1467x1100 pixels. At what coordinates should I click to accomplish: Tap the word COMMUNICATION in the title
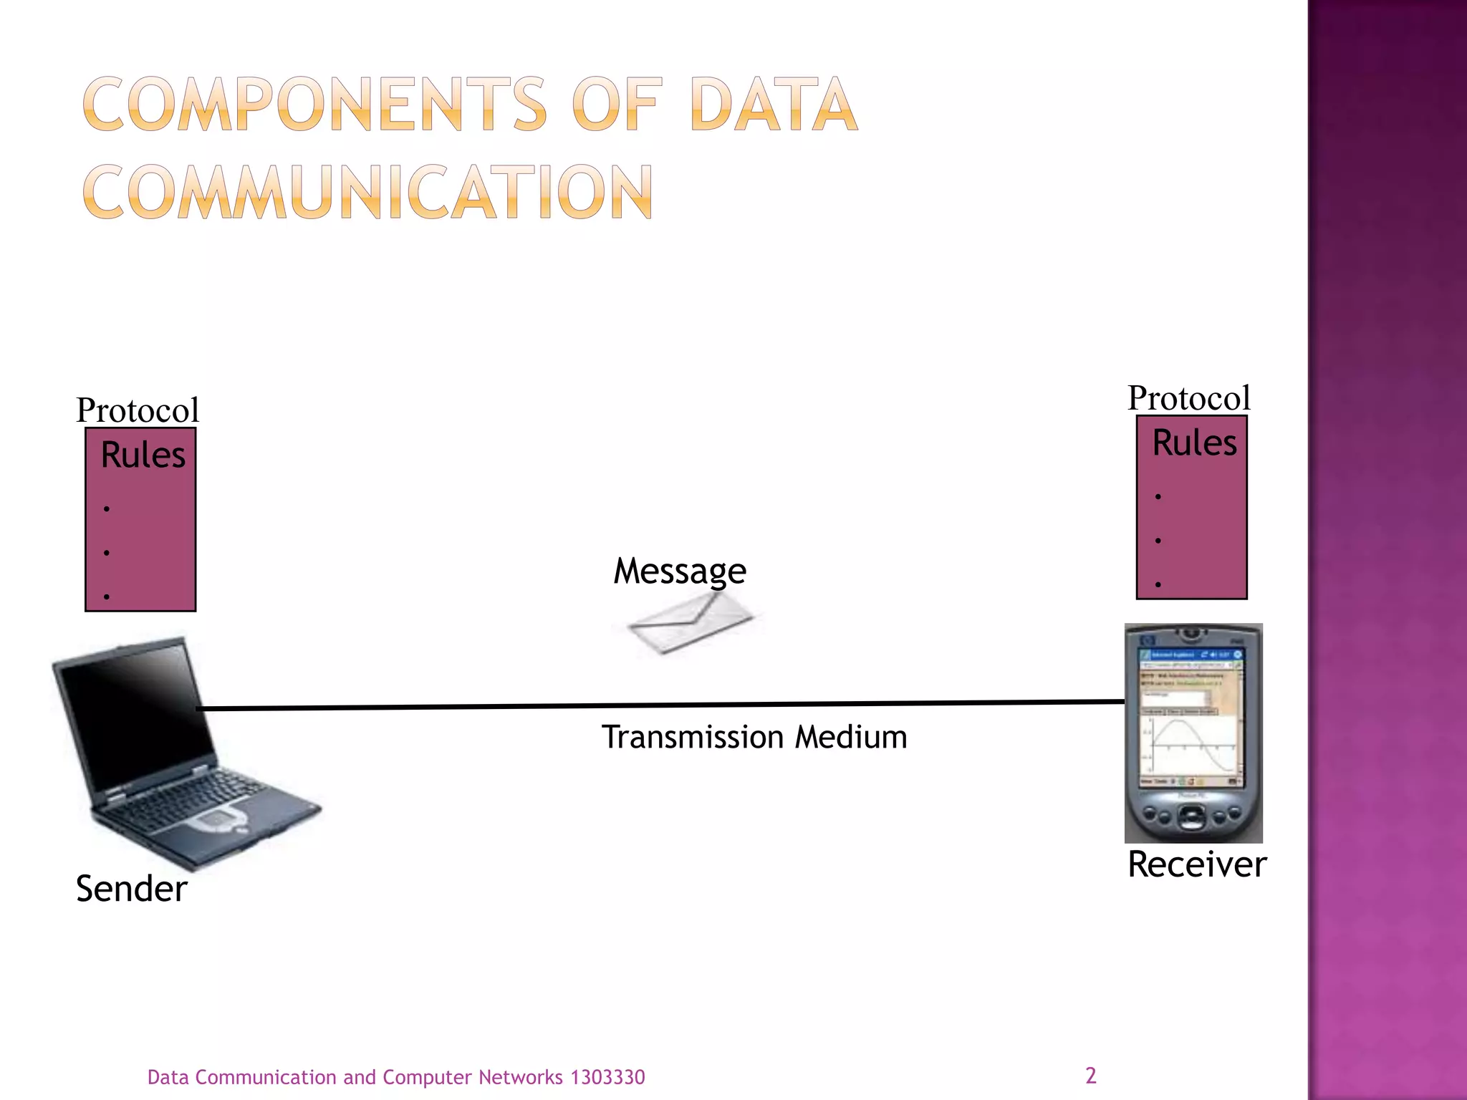367,192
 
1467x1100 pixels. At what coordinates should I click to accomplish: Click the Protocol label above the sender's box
138,410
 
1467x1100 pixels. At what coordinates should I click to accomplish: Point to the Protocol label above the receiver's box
1189,398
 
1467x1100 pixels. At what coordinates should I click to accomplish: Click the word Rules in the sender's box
143,455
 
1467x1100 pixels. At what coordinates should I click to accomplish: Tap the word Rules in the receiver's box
1194,443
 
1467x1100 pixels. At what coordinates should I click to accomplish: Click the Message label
680,571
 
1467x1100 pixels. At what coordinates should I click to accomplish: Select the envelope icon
689,623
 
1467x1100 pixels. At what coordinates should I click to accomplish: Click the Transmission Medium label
754,737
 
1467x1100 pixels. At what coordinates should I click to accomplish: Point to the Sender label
131,889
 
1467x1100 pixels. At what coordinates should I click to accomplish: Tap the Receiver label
1196,864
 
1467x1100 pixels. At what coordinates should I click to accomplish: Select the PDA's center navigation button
1191,816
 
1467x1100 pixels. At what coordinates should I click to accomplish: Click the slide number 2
1090,1075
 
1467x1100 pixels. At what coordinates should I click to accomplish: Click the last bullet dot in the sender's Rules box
107,596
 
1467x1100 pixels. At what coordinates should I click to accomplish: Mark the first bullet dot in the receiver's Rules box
1158,496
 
